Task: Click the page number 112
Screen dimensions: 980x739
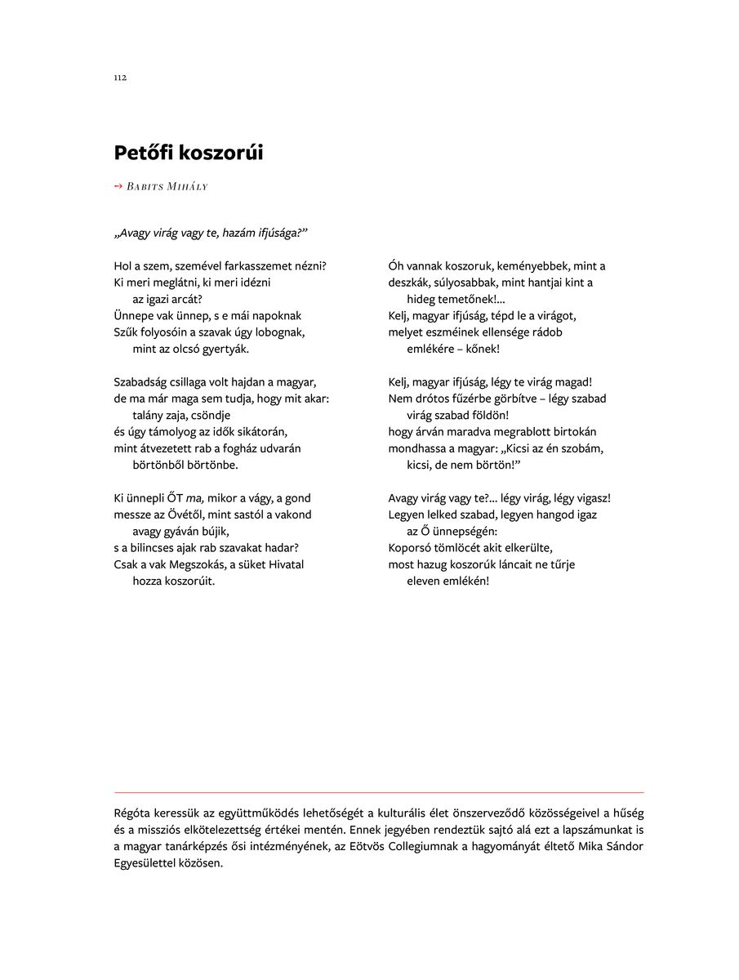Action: tap(120, 78)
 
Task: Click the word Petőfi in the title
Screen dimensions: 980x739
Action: tap(144, 153)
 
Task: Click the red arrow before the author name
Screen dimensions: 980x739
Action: tap(118, 186)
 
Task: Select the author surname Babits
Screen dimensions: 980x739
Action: tap(145, 187)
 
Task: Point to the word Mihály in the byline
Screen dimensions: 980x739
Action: tap(187, 187)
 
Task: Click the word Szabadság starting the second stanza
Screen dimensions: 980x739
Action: tap(139, 382)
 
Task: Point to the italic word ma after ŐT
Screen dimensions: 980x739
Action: tap(194, 498)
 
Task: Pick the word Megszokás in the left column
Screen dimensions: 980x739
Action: tap(194, 564)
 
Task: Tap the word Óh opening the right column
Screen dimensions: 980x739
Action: tap(397, 266)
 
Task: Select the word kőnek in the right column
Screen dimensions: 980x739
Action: tap(483, 349)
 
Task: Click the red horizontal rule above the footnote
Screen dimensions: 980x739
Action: tap(379, 792)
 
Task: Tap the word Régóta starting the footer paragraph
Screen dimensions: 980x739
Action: tap(131, 813)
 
